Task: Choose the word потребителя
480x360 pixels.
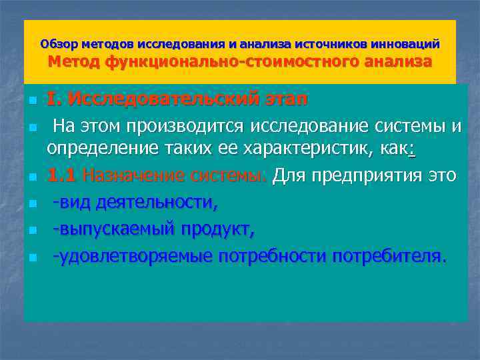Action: tap(387, 255)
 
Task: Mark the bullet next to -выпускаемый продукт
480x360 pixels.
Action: tap(31, 231)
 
